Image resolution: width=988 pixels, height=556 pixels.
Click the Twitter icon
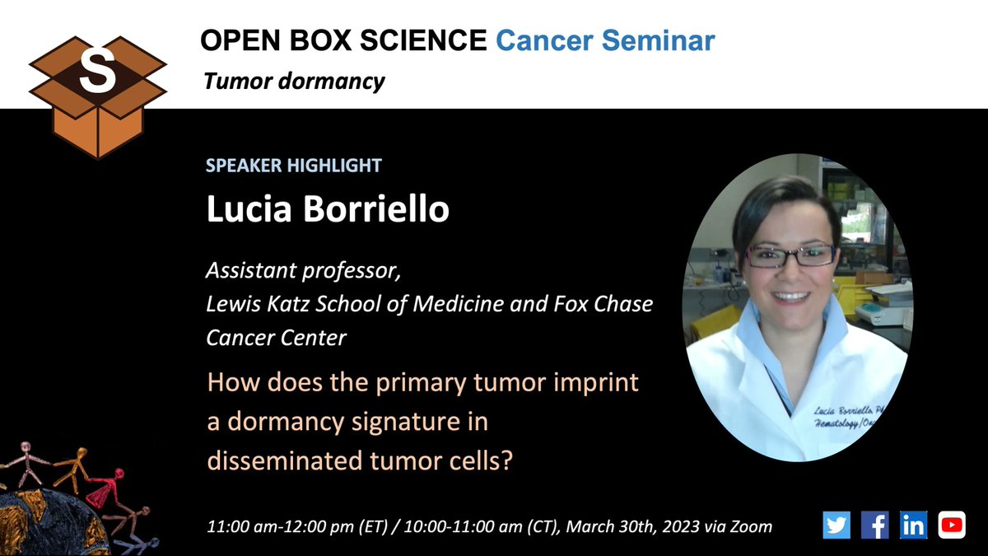pos(836,525)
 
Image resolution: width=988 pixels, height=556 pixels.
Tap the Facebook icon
pos(874,525)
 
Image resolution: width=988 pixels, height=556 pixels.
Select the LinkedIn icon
pos(913,525)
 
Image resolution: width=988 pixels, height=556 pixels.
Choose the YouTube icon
pos(951,525)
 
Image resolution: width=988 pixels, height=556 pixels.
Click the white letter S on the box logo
pos(97,72)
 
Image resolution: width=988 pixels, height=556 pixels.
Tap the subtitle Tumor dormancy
pos(294,82)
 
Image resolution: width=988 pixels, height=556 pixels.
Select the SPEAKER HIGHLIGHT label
pos(293,166)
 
